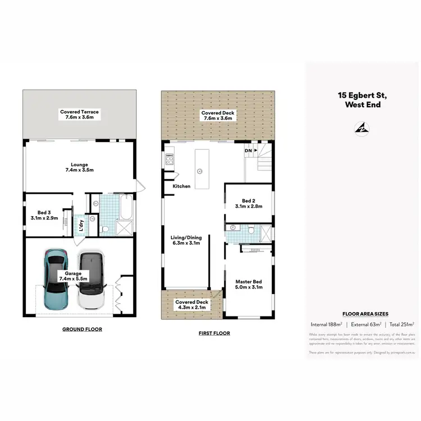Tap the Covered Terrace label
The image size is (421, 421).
click(79, 112)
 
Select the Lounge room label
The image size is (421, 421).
click(79, 164)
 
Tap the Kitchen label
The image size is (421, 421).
click(181, 186)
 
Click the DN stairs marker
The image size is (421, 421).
click(248, 151)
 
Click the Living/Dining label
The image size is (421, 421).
click(185, 237)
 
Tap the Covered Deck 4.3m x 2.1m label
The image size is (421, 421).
click(191, 304)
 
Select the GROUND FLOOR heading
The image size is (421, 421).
click(82, 329)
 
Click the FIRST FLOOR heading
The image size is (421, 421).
click(214, 333)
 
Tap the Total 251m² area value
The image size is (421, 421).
click(402, 324)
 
